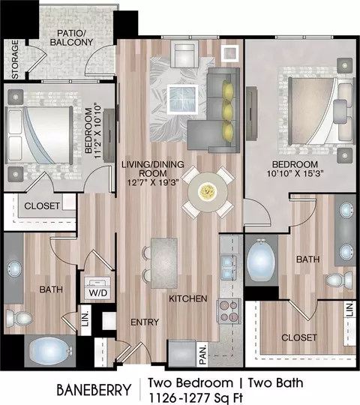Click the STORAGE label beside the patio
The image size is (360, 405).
tap(15, 59)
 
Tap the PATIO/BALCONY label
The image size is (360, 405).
tap(71, 37)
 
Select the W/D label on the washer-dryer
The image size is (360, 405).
tap(98, 293)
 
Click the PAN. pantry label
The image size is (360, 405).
tap(203, 353)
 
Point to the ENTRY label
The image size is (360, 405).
tap(145, 322)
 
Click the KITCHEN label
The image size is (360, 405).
tap(188, 298)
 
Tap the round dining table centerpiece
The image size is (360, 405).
tap(207, 191)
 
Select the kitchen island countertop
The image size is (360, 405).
tap(164, 263)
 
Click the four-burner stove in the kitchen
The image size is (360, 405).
tap(228, 310)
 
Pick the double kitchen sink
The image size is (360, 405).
tap(228, 268)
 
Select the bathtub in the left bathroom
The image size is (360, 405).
tap(49, 351)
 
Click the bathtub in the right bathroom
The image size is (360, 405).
tap(260, 260)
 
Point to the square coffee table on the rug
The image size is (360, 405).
tap(182, 100)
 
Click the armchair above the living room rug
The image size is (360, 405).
tap(184, 55)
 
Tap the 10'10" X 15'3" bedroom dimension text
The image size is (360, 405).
tap(295, 173)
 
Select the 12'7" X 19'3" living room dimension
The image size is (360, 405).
tap(153, 182)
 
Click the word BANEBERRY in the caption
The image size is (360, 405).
tap(94, 390)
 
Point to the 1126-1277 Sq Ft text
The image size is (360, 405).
tap(196, 398)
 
